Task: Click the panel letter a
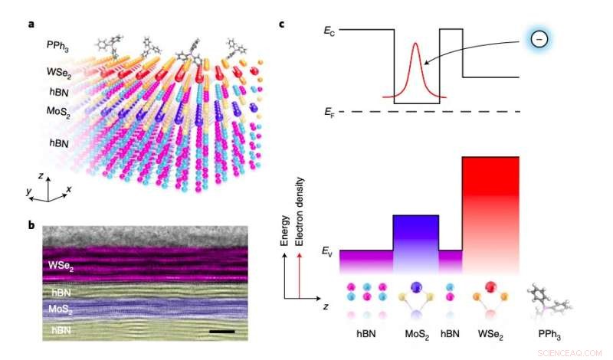31,24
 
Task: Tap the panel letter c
283,24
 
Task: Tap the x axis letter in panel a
70,188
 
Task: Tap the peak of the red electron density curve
416,44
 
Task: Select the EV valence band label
329,250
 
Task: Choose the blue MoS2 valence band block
415,241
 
